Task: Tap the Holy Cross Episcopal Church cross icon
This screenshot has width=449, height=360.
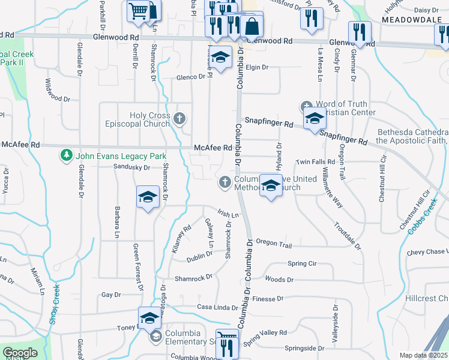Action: (179, 117)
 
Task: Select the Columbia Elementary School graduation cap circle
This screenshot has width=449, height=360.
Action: (155, 336)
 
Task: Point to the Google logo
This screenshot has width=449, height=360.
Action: (20, 353)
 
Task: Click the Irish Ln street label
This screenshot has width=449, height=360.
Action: (228, 214)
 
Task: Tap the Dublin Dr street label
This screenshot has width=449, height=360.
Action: (199, 254)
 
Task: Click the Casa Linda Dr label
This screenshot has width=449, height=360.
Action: (218, 307)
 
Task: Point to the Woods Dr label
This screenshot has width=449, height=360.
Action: (279, 280)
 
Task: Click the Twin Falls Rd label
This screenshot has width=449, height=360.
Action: (315, 162)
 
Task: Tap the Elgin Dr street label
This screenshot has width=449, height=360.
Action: (257, 67)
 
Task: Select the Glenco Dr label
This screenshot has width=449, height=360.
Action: (191, 77)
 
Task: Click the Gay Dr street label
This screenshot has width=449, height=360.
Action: (111, 295)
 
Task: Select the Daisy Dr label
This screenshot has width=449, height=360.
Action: (427, 10)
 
